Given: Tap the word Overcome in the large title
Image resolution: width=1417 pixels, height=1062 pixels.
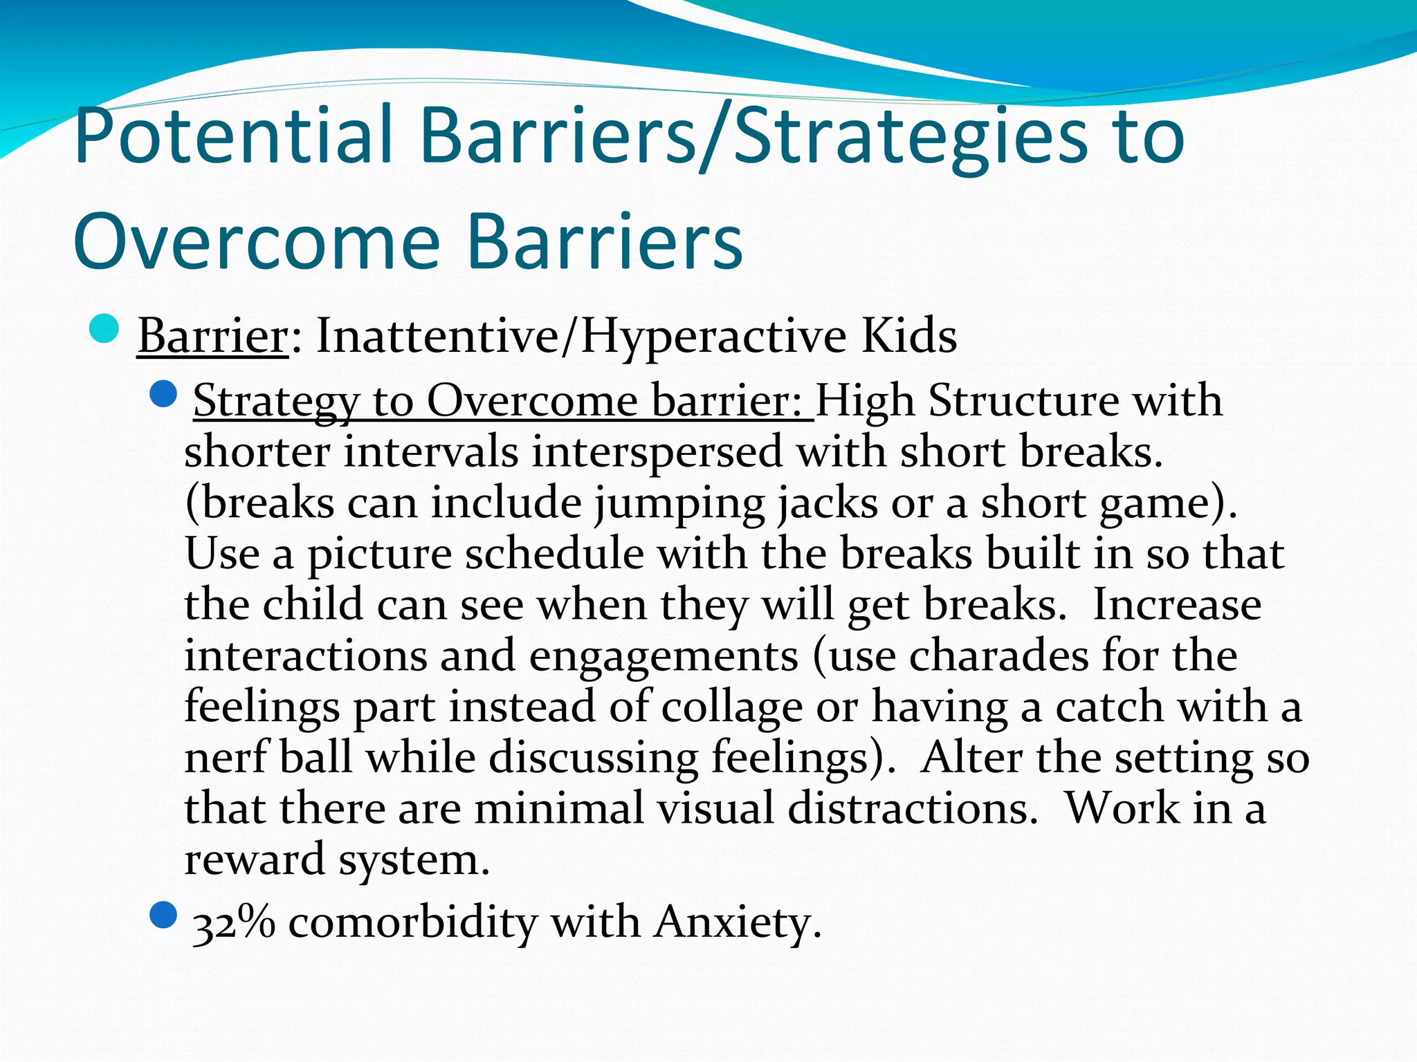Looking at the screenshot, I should (x=256, y=242).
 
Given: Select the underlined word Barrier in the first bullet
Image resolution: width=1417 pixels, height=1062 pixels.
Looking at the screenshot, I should (x=212, y=337).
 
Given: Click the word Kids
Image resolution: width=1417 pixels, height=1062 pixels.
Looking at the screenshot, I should (x=908, y=337).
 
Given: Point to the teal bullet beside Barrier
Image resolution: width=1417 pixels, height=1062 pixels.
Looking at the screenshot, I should (x=105, y=328).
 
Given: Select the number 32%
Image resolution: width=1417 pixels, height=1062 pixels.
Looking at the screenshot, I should (x=233, y=923).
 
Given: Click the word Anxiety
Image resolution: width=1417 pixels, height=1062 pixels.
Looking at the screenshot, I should (x=738, y=923).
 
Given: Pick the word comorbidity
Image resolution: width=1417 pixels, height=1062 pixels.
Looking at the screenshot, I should (x=412, y=923).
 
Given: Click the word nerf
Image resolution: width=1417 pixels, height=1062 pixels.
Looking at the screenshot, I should (x=226, y=757).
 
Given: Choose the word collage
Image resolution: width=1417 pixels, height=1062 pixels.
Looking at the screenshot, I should (x=731, y=707).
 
